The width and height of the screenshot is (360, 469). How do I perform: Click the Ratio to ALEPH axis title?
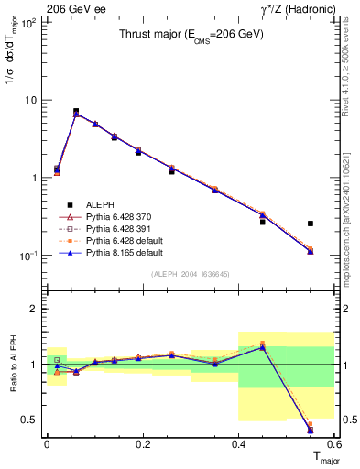(11, 365)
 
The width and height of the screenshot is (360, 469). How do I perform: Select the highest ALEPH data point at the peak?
(76, 111)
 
